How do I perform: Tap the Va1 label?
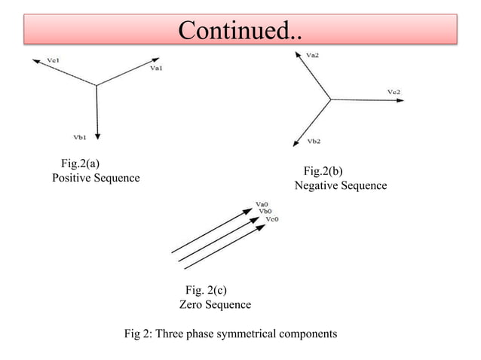coord(157,69)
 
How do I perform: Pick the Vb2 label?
coord(314,141)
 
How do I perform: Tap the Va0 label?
coord(262,203)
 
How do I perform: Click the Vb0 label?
coord(265,211)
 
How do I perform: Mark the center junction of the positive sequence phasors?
coord(97,85)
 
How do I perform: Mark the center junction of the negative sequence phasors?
coord(330,99)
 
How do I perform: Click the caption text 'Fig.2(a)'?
coord(80,163)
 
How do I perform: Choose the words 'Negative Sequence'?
coord(340,185)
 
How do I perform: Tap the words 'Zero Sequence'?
coord(215,304)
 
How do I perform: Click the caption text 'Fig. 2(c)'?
coord(206,290)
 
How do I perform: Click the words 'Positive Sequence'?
coord(96,178)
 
